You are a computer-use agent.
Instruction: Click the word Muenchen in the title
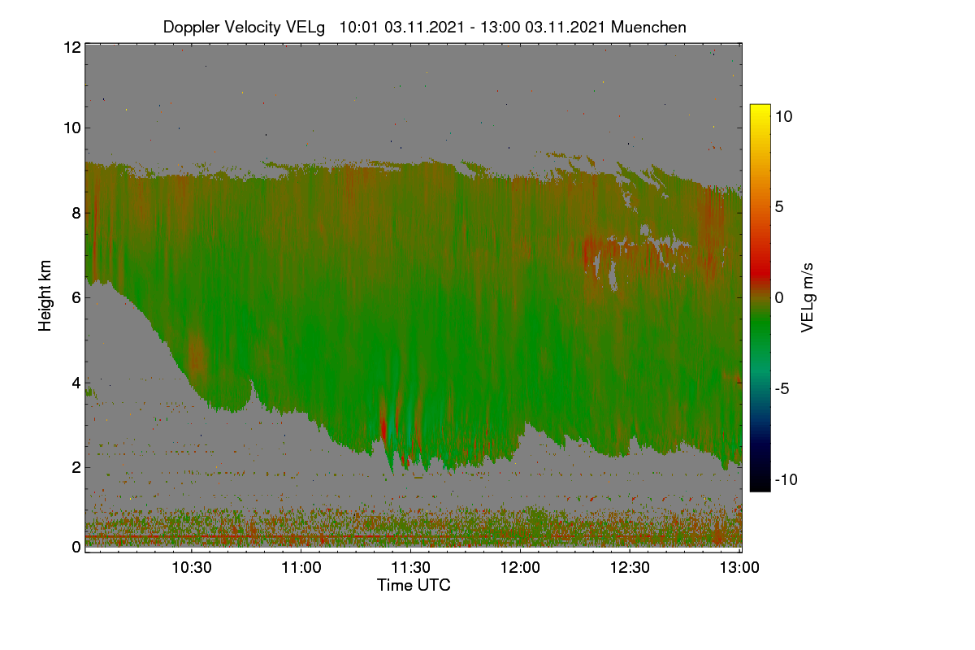[648, 27]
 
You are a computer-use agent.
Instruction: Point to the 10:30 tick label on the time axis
[192, 568]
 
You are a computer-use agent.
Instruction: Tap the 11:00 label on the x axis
[301, 568]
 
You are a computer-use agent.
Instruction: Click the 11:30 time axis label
[410, 568]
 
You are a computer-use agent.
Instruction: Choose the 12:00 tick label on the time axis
[520, 568]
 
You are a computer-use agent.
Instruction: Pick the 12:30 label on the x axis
[630, 568]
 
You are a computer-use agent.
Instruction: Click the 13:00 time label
[739, 568]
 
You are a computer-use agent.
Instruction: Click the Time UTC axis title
[414, 585]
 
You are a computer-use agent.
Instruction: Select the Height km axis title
[45, 296]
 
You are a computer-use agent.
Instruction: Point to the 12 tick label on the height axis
[72, 47]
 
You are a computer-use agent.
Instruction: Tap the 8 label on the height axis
[77, 214]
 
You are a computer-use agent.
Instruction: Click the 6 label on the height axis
[77, 298]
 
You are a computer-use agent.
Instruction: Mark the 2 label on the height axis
[77, 467]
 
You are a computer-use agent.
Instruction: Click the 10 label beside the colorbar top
[784, 117]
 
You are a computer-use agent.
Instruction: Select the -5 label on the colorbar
[782, 388]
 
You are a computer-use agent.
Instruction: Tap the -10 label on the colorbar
[786, 479]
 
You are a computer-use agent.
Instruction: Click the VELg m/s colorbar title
[808, 298]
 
